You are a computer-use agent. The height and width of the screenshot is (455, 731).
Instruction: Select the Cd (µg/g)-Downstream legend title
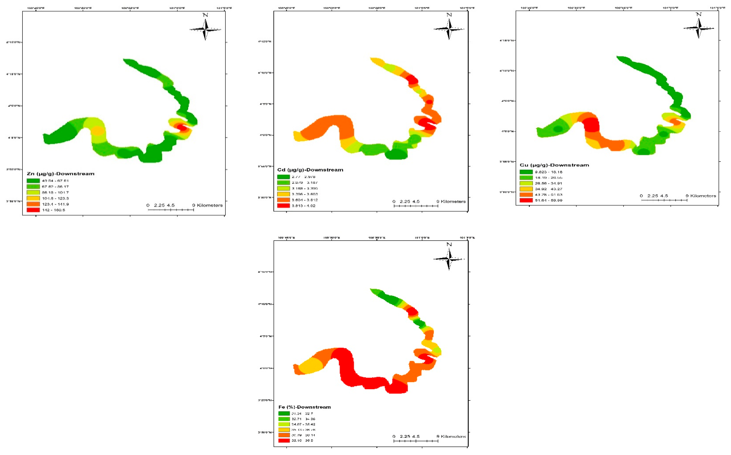pyautogui.click(x=310, y=170)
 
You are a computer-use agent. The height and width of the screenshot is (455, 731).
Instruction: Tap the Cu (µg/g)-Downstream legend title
pyautogui.click(x=554, y=165)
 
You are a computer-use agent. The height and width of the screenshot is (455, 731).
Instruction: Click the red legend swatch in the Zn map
pyautogui.click(x=33, y=210)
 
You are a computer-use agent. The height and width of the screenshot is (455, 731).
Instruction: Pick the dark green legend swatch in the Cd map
pyautogui.click(x=283, y=177)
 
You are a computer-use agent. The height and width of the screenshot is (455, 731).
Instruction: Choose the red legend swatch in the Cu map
pyautogui.click(x=526, y=200)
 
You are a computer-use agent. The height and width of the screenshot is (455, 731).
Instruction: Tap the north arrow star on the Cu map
pyautogui.click(x=698, y=28)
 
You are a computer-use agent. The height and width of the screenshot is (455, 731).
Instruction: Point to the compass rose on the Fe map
pyautogui.click(x=449, y=259)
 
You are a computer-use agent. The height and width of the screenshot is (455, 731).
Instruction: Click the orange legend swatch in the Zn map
pyautogui.click(x=33, y=204)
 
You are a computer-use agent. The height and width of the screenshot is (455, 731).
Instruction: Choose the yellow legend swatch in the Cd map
pyautogui.click(x=283, y=194)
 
